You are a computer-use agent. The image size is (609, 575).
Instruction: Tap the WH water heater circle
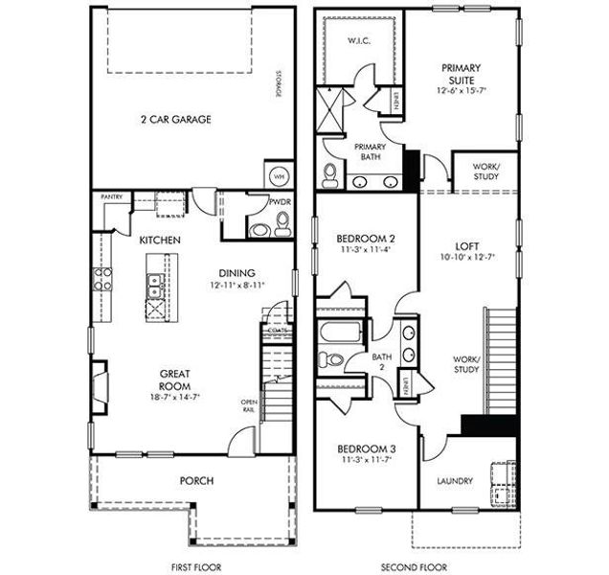point(279,177)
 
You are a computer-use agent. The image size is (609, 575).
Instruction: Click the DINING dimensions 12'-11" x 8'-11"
point(234,285)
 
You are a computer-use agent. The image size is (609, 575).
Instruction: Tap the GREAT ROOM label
point(174,379)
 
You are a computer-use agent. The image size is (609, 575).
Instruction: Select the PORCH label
point(196,481)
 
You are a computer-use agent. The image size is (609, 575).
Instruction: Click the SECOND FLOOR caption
point(415,567)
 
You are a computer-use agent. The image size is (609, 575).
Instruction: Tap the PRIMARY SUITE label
point(460,75)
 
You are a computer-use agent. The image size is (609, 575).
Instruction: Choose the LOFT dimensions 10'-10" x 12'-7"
point(468,258)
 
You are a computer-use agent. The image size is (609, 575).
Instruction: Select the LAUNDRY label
point(455,481)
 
